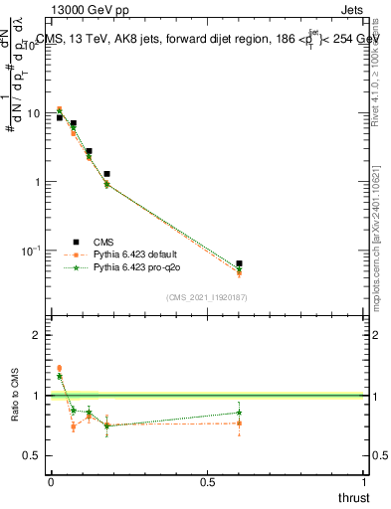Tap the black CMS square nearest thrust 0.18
[x=106, y=174]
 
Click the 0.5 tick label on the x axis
[x=208, y=481]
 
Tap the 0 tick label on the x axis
[x=51, y=481]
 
